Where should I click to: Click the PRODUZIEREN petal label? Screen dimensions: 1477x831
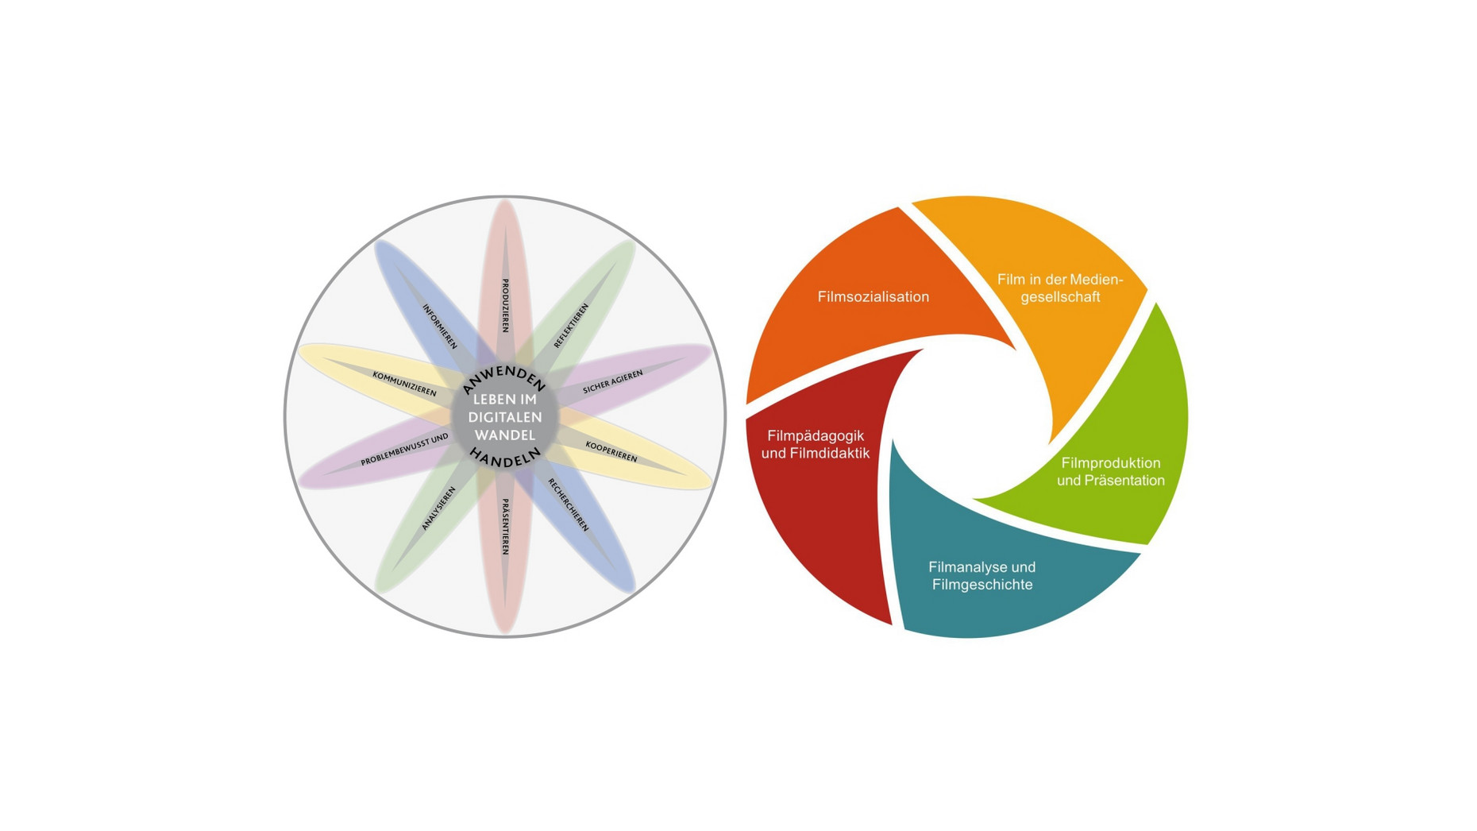pyautogui.click(x=505, y=306)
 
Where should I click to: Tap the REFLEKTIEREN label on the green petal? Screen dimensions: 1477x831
pyautogui.click(x=571, y=326)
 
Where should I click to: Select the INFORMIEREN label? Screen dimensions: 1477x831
pyautogui.click(x=439, y=327)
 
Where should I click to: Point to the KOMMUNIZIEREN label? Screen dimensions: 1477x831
pyautogui.click(x=404, y=384)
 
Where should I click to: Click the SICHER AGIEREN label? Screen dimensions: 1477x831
pyautogui.click(x=613, y=382)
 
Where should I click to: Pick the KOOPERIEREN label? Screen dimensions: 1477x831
pyautogui.click(x=611, y=451)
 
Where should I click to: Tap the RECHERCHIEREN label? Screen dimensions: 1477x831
pyautogui.click(x=569, y=505)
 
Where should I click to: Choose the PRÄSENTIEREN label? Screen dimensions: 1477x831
pyautogui.click(x=505, y=527)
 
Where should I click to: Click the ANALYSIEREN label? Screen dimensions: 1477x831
pyautogui.click(x=438, y=508)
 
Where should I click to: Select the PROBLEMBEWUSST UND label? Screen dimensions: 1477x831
pyautogui.click(x=404, y=450)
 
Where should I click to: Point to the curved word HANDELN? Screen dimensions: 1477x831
pyautogui.click(x=505, y=457)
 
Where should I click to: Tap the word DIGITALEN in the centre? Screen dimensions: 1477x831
pyautogui.click(x=505, y=417)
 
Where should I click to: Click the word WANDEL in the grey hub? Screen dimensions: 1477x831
pyautogui.click(x=505, y=435)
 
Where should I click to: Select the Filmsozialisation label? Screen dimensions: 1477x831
pyautogui.click(x=873, y=297)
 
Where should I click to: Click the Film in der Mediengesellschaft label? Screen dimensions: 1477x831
pyautogui.click(x=1060, y=288)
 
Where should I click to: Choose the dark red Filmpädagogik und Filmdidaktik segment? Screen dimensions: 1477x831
pyautogui.click(x=818, y=477)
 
